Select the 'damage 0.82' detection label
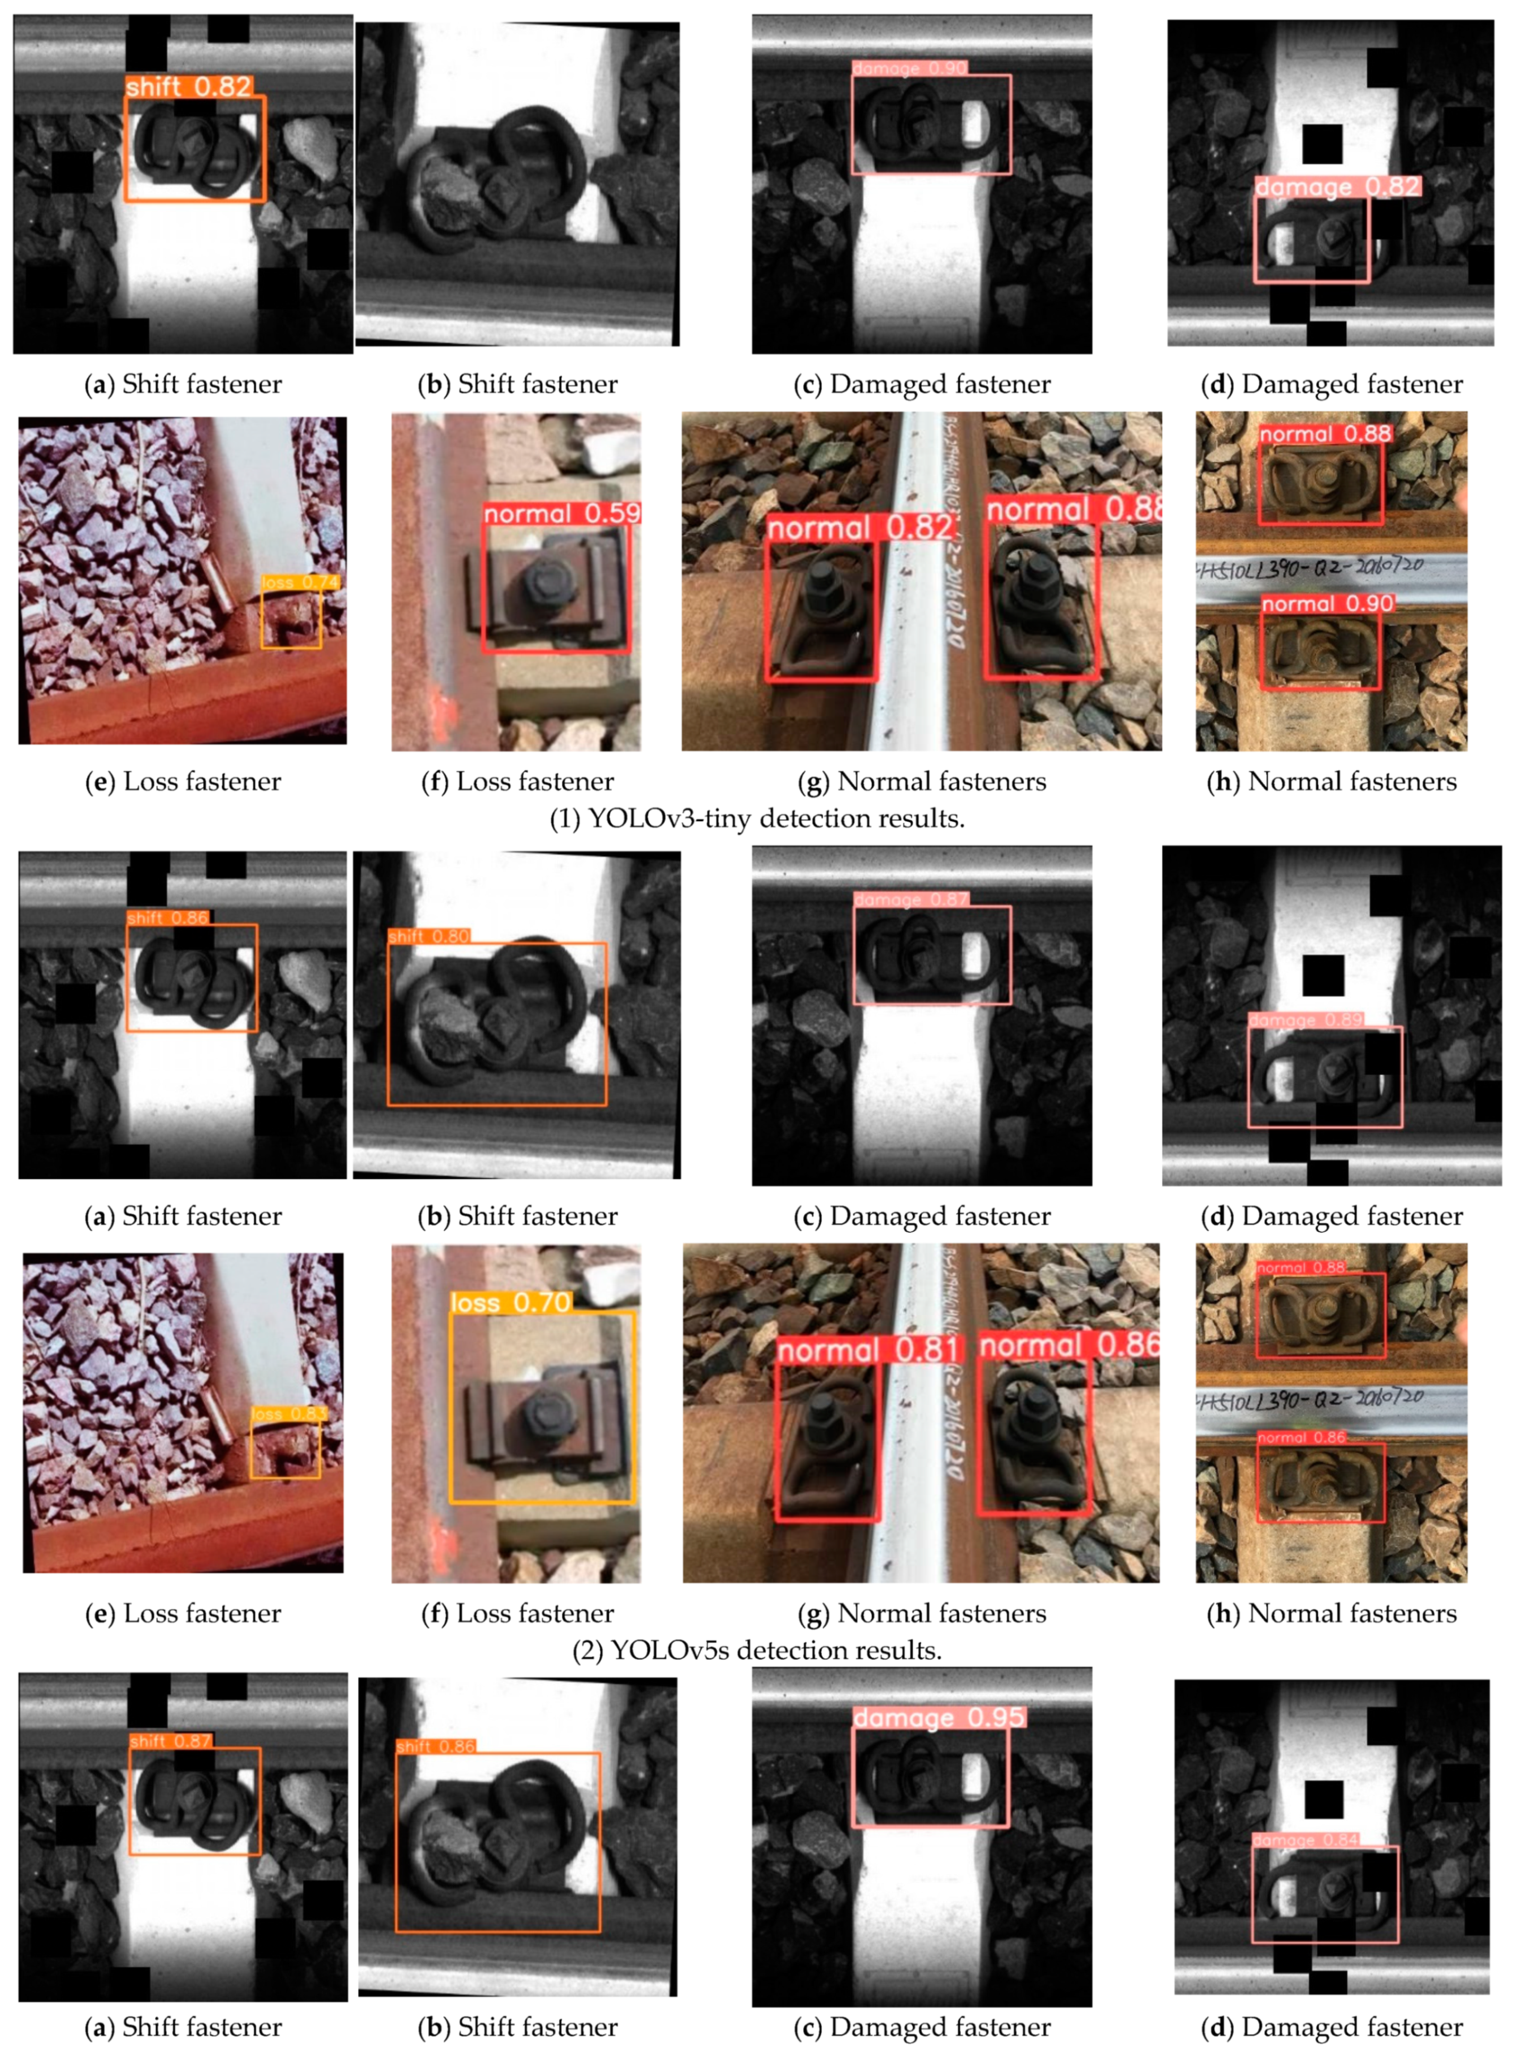click(x=1337, y=187)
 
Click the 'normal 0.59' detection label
click(x=561, y=514)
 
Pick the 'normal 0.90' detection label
click(x=1327, y=604)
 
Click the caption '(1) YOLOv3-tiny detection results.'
click(x=757, y=818)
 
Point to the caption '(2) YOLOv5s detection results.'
click(x=757, y=1650)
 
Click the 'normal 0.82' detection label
click(x=860, y=527)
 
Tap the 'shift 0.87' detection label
click(x=170, y=1741)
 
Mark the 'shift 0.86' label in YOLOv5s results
click(x=168, y=917)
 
